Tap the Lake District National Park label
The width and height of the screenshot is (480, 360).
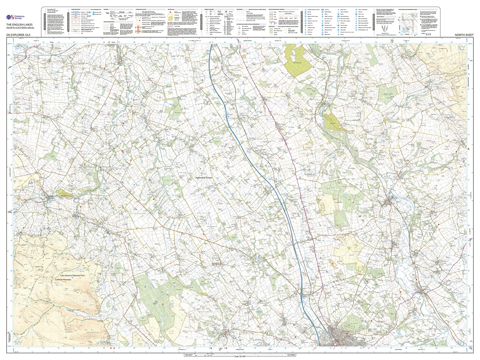[x=75, y=276]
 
